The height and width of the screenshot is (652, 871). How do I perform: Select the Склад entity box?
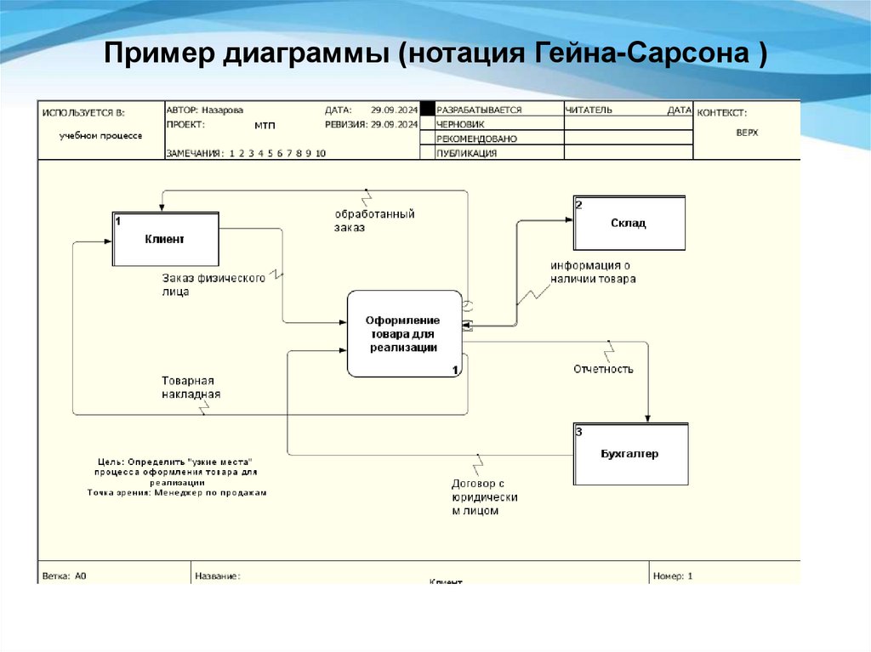[x=629, y=224]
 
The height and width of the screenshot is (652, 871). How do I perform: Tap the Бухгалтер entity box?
[x=629, y=454]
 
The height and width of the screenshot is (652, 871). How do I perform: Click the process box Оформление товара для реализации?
[x=403, y=333]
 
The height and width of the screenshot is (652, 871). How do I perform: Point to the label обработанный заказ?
[x=374, y=221]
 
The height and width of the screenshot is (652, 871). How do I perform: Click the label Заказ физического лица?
[x=213, y=284]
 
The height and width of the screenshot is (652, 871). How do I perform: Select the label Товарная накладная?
[x=191, y=388]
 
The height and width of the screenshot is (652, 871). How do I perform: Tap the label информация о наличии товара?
[x=592, y=272]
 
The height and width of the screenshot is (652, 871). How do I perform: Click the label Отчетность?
[x=603, y=369]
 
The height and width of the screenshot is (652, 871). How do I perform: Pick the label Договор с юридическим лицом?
[x=484, y=497]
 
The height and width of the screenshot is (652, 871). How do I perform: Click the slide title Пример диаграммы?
[x=435, y=56]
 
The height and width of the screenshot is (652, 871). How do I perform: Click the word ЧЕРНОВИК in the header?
[x=461, y=124]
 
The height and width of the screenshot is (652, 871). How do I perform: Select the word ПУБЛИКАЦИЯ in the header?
[x=466, y=154]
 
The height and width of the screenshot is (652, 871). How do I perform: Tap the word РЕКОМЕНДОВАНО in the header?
[x=476, y=139]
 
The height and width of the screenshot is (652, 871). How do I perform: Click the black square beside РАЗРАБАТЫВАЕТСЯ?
[x=428, y=110]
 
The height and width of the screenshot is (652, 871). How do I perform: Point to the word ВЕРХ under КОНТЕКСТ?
[x=747, y=133]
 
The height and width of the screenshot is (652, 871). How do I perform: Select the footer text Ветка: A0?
[x=65, y=575]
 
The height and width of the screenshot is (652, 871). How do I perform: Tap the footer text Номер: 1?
[x=673, y=575]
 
